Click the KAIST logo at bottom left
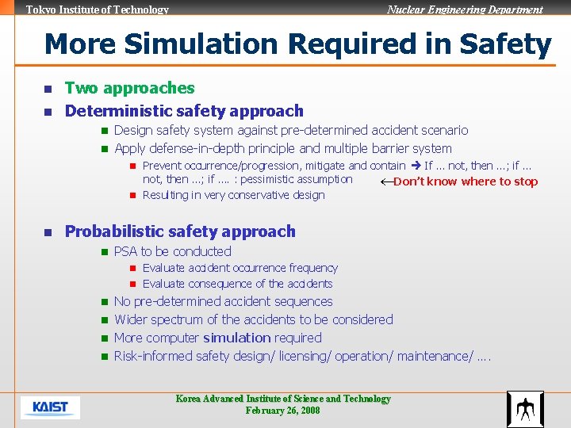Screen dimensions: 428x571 [x=50, y=407]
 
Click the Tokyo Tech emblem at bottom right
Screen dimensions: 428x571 [x=524, y=409]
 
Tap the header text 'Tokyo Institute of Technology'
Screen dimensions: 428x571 [x=98, y=10]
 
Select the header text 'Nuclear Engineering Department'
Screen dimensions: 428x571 [x=465, y=10]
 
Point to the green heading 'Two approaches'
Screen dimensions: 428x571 [x=129, y=88]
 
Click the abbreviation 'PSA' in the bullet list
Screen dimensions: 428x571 [x=125, y=251]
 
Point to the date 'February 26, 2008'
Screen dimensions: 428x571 [x=283, y=411]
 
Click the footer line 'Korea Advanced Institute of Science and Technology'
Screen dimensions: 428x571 [x=283, y=399]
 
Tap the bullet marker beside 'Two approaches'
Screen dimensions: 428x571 [x=48, y=89]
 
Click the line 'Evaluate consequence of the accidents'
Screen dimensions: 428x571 [x=237, y=284]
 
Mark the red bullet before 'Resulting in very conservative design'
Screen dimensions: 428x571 [x=133, y=195]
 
